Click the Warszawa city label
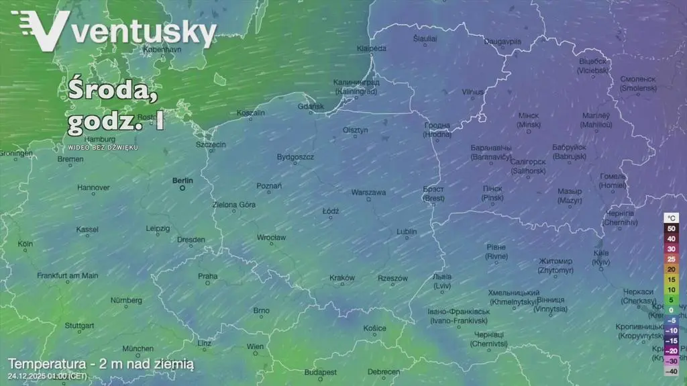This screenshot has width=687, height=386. click(x=368, y=193)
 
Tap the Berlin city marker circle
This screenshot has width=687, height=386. click(x=182, y=189)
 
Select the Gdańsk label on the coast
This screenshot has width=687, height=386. click(x=310, y=106)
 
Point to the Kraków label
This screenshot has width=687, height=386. click(x=341, y=278)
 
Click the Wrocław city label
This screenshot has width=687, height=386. click(x=271, y=238)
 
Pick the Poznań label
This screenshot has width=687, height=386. click(x=269, y=186)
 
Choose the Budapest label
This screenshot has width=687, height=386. click(x=319, y=372)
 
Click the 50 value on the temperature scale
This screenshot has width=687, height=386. click(x=671, y=228)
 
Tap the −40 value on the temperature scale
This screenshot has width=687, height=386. click(x=671, y=371)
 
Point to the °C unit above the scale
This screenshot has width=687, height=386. click(x=672, y=218)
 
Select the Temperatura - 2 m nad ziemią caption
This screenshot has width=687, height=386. click(x=101, y=364)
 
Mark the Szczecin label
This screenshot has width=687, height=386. click(x=211, y=144)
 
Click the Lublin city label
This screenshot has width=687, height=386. click(x=407, y=232)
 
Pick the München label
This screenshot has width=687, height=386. click(x=138, y=348)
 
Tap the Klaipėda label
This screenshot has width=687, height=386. click(x=371, y=48)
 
